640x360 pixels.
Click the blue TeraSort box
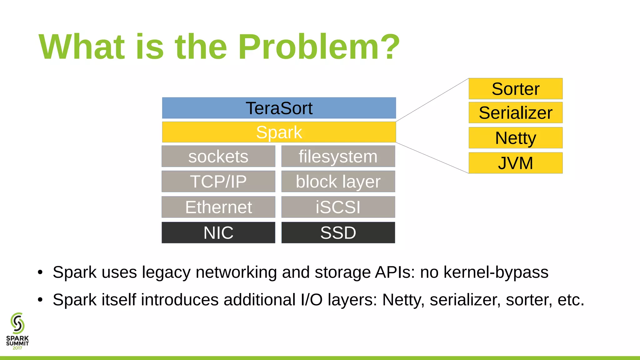coord(279,108)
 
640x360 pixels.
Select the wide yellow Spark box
coord(279,132)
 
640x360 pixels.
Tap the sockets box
coord(218,156)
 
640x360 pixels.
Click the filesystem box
coord(338,156)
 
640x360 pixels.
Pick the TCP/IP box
coord(218,181)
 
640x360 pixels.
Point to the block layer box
coord(338,181)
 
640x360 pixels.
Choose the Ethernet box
coord(218,207)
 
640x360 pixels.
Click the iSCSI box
coord(338,207)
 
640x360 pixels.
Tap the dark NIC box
coord(218,232)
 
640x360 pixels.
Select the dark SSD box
coord(338,232)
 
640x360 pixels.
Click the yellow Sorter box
coord(515,89)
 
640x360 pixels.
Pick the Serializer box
coord(515,112)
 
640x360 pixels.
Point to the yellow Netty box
coord(515,138)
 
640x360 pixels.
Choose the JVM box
coord(515,163)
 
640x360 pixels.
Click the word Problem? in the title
coord(319,47)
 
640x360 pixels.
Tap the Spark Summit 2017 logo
coord(17,331)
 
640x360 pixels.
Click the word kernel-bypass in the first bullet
coord(496,272)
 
